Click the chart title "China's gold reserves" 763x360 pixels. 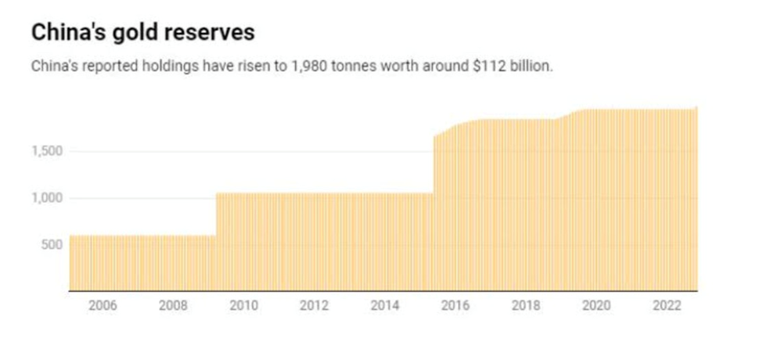click(142, 33)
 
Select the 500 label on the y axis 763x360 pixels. click(50, 245)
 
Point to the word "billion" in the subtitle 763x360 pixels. click(532, 67)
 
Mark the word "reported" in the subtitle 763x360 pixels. click(103, 67)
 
